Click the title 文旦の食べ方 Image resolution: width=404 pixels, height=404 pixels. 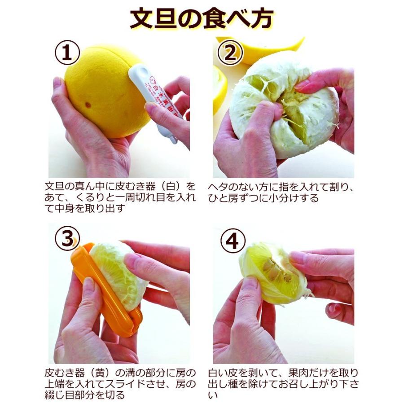(202, 19)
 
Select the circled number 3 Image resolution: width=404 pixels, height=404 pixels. (68, 239)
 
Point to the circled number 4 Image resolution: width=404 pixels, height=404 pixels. (233, 241)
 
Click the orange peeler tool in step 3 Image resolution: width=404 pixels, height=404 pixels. (106, 290)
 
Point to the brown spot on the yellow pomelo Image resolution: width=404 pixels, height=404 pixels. (88, 105)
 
